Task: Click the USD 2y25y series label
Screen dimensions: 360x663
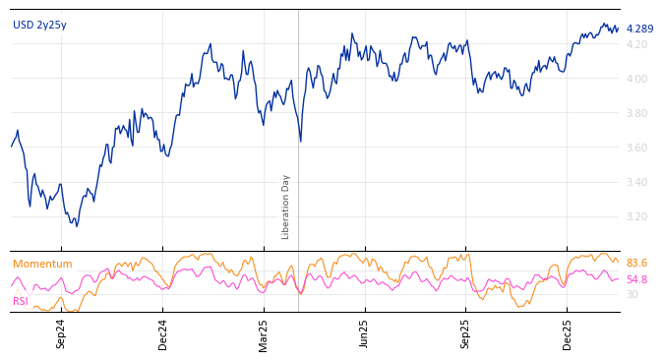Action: (x=39, y=26)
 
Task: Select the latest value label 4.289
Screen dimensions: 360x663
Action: (x=639, y=30)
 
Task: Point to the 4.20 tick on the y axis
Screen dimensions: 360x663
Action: (x=636, y=44)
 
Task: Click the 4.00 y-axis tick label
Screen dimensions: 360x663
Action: (x=636, y=79)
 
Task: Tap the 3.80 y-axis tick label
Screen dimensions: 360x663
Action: (x=636, y=113)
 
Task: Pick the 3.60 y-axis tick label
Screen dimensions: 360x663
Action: (x=636, y=148)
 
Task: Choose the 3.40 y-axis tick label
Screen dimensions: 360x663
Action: (x=636, y=182)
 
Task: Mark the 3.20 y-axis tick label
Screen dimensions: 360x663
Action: (x=636, y=216)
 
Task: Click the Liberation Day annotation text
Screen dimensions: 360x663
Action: (x=286, y=207)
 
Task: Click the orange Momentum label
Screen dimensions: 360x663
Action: (x=42, y=265)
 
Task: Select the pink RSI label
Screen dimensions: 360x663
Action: (x=21, y=301)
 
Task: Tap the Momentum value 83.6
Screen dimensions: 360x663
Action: (x=636, y=264)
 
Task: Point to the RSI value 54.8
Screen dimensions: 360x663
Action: (x=636, y=280)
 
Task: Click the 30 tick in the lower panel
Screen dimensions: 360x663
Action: (x=632, y=294)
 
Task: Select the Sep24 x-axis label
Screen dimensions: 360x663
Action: (x=61, y=333)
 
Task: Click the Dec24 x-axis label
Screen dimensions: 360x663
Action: (x=163, y=333)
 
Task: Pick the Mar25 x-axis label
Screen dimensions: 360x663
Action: (x=264, y=333)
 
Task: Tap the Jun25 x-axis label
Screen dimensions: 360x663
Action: (x=364, y=333)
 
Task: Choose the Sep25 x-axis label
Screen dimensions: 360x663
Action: (x=465, y=333)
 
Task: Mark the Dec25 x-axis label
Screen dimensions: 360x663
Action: (x=568, y=333)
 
